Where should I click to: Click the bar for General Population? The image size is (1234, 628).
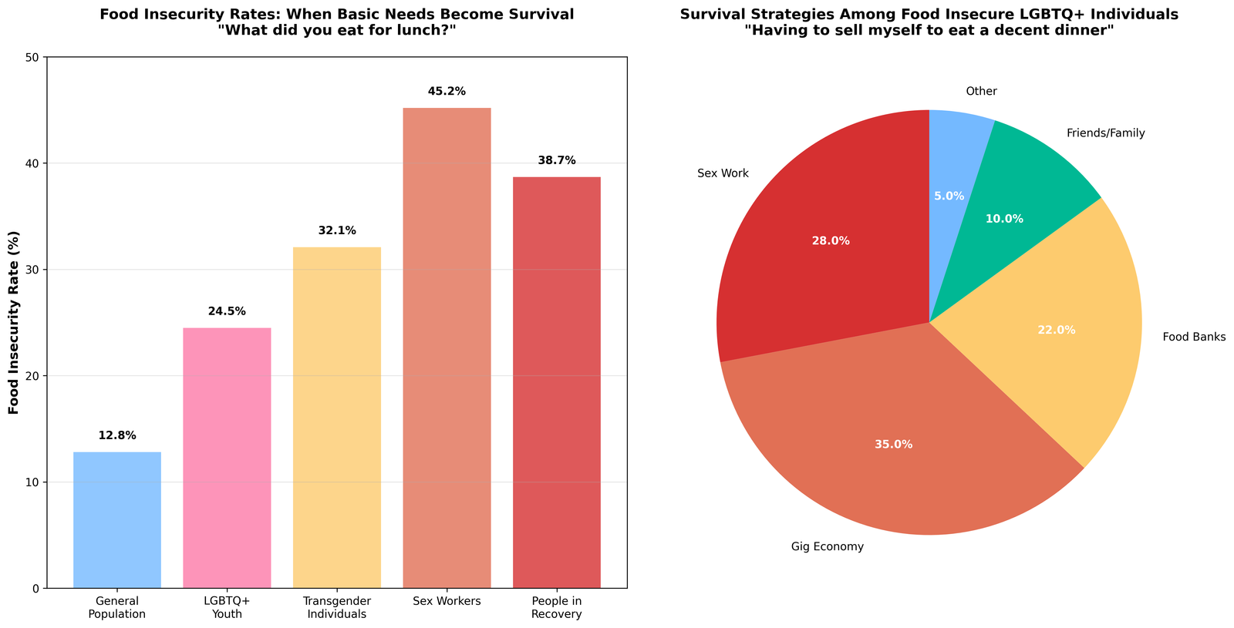[x=117, y=520]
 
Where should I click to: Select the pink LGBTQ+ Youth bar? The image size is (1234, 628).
[x=227, y=458]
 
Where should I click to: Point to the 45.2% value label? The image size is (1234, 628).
[x=447, y=92]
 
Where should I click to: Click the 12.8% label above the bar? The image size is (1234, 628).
[x=117, y=435]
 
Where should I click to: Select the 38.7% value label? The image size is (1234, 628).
[x=557, y=160]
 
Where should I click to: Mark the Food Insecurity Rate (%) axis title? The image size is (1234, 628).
[x=14, y=323]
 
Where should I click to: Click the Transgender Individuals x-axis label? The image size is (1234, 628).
[x=337, y=607]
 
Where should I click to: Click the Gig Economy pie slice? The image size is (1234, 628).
[x=895, y=447]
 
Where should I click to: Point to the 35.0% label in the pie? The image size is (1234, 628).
[x=894, y=445]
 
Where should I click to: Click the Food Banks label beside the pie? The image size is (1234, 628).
[x=1194, y=337]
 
